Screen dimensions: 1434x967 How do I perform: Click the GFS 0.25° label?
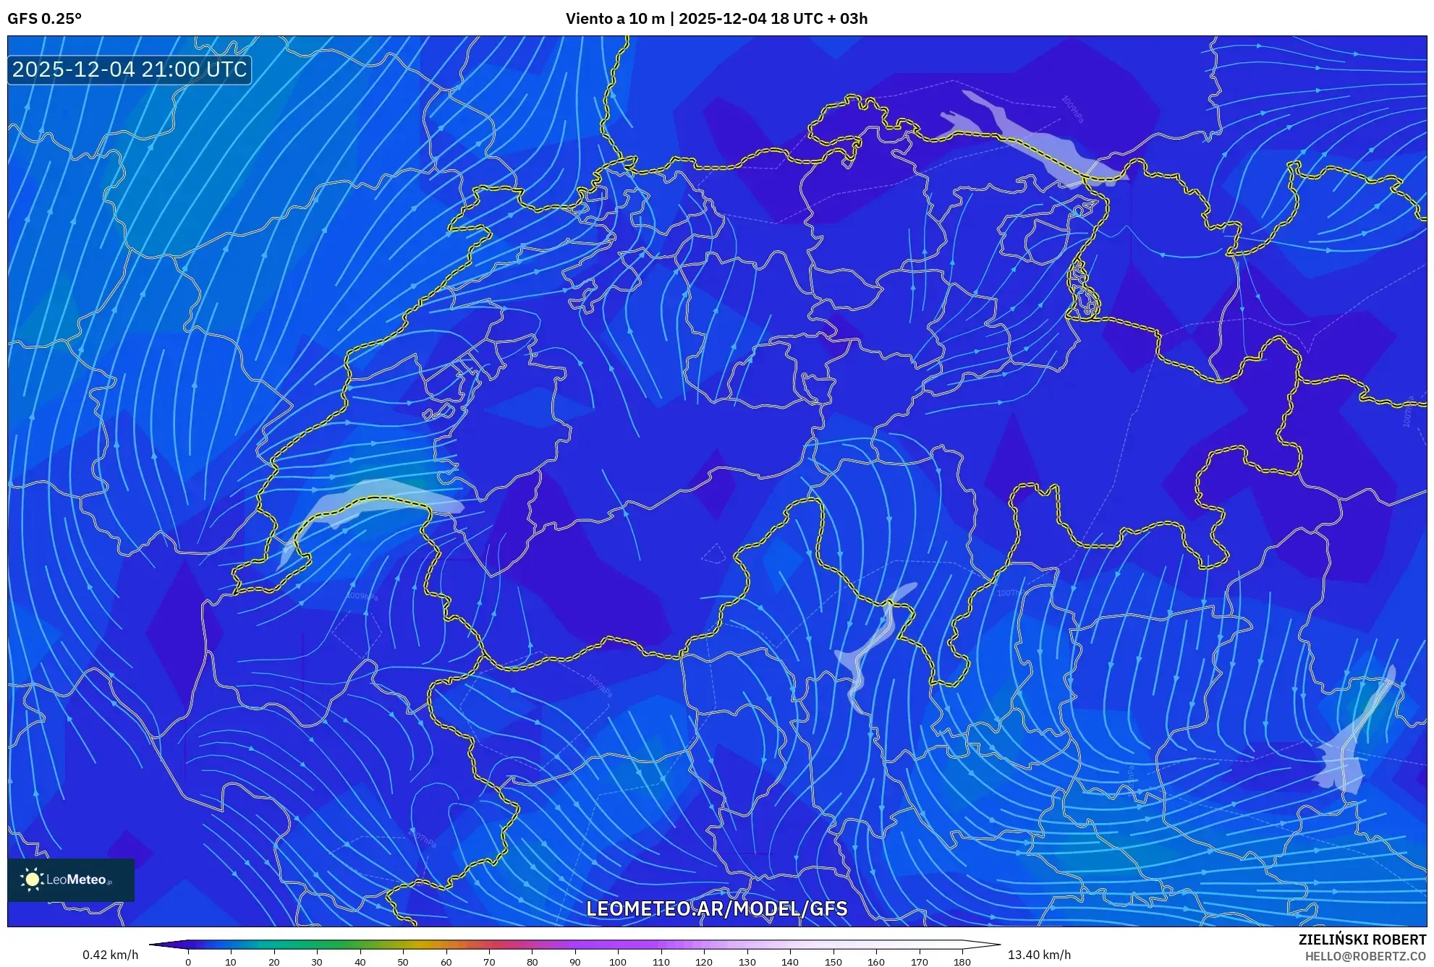(44, 19)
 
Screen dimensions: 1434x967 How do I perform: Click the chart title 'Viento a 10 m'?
(614, 19)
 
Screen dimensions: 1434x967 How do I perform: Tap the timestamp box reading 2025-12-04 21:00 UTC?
(130, 70)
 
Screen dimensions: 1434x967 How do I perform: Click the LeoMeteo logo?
(70, 879)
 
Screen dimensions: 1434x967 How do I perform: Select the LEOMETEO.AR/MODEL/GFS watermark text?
(716, 909)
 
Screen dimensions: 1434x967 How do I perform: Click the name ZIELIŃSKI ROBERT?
(1362, 940)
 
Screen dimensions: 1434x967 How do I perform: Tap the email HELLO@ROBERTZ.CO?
(1365, 956)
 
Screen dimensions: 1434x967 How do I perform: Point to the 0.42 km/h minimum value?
(110, 955)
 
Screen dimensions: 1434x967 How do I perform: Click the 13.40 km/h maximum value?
(1039, 955)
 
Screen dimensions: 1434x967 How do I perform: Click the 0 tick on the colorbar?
(188, 962)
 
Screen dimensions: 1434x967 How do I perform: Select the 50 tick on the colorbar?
(403, 962)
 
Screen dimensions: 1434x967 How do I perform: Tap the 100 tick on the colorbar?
(618, 962)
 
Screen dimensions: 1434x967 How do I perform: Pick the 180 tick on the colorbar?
(962, 962)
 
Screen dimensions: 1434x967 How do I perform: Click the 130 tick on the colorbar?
(747, 962)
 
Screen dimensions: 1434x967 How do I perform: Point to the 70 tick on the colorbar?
(489, 962)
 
